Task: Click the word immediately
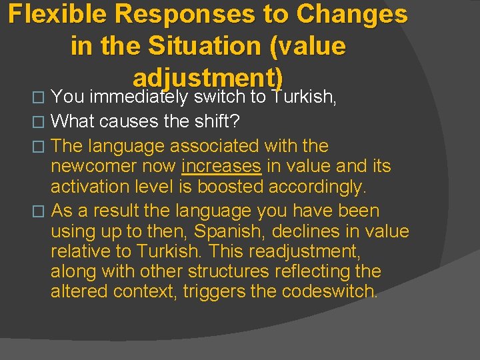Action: (139, 97)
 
